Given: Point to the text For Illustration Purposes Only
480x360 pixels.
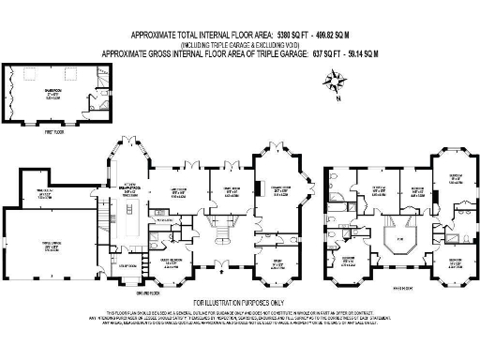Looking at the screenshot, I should point(239,303).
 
